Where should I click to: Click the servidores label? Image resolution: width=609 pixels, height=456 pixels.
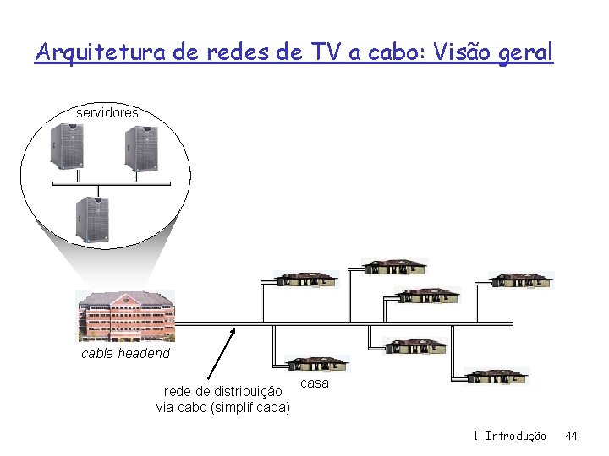pyautogui.click(x=107, y=112)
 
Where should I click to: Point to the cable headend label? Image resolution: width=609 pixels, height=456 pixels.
pyautogui.click(x=125, y=354)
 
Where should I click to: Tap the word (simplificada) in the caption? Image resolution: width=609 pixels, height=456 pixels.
pyautogui.click(x=252, y=409)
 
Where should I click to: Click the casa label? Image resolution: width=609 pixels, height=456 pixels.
pyautogui.click(x=315, y=383)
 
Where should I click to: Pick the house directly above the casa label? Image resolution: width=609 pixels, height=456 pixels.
pyautogui.click(x=317, y=364)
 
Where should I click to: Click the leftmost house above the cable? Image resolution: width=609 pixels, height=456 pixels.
pyautogui.click(x=307, y=280)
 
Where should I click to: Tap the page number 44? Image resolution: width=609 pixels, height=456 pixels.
pyautogui.click(x=571, y=436)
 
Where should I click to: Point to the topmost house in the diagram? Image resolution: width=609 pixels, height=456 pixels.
pyautogui.click(x=395, y=266)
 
